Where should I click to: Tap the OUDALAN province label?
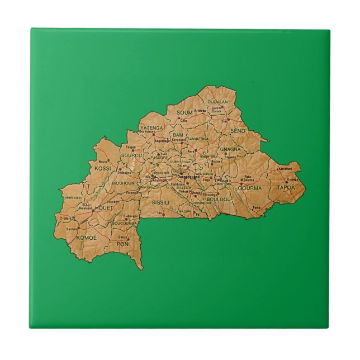[x=218, y=102]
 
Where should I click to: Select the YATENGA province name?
[x=151, y=128]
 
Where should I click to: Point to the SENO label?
[x=238, y=130]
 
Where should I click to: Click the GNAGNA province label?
[x=230, y=149]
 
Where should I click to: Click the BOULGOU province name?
[x=219, y=199]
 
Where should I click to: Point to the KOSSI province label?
[x=102, y=168]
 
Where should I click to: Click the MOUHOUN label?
[x=123, y=183]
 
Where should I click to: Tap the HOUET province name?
[x=104, y=207]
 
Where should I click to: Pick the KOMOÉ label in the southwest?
[x=86, y=238]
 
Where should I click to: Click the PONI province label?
[x=123, y=244]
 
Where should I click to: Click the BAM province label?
[x=178, y=135]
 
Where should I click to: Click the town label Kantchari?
[x=285, y=168]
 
